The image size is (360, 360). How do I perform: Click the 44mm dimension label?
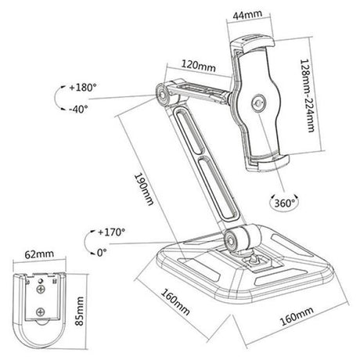(x=247, y=15)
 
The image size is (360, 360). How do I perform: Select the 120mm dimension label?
(x=199, y=66)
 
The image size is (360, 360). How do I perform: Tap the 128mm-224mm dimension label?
(x=307, y=95)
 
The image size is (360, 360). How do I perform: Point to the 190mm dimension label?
(x=144, y=189)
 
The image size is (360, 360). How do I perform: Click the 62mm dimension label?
(x=39, y=254)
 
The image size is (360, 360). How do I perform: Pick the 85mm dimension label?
(x=79, y=311)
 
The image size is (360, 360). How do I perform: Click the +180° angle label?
(x=83, y=88)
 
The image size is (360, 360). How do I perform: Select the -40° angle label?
(x=78, y=109)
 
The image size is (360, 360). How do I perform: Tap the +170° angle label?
(x=112, y=232)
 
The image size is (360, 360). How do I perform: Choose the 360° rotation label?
(x=284, y=203)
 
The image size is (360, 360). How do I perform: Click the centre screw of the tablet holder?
(x=258, y=103)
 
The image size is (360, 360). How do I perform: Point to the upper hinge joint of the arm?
(x=163, y=95)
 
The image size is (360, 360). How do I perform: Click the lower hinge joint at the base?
(x=231, y=239)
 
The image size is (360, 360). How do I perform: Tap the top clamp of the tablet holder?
(x=252, y=43)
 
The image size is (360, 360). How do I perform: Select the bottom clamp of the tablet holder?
(x=268, y=162)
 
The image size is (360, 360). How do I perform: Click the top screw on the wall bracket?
(x=41, y=289)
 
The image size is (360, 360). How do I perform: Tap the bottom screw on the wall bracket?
(x=40, y=311)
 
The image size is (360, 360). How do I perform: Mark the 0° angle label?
(x=102, y=253)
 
